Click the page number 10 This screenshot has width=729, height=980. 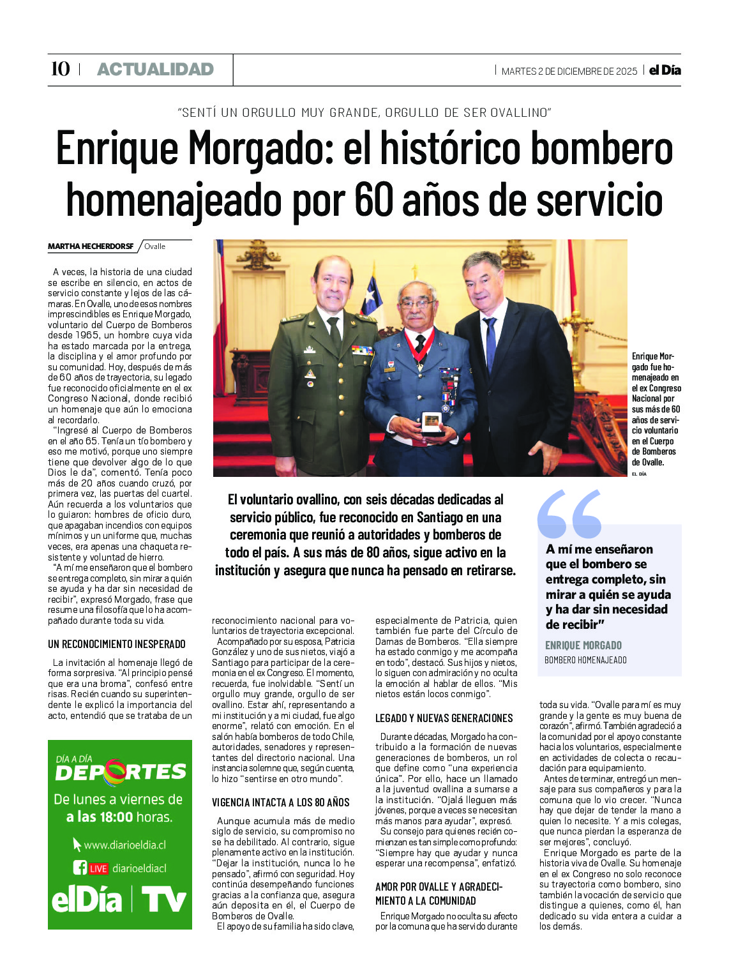[60, 69]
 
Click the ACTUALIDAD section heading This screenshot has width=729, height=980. [155, 70]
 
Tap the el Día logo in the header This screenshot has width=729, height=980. [665, 70]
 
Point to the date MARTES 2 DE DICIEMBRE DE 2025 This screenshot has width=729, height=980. [569, 72]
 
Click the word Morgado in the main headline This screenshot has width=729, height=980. [261, 149]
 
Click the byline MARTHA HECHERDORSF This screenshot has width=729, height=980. [90, 246]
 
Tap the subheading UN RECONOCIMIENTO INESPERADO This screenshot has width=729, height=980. [116, 644]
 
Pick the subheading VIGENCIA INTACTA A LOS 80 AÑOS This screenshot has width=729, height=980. [280, 803]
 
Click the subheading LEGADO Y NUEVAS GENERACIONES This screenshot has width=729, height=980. [444, 718]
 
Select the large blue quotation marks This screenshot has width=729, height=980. [569, 514]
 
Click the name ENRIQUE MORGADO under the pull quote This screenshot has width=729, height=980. [583, 645]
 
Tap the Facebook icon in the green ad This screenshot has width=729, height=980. [80, 868]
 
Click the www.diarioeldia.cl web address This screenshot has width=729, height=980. [124, 845]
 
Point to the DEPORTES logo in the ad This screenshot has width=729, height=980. [121, 773]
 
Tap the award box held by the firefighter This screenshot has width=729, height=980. [432, 422]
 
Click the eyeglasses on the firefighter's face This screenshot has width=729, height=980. [416, 304]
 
